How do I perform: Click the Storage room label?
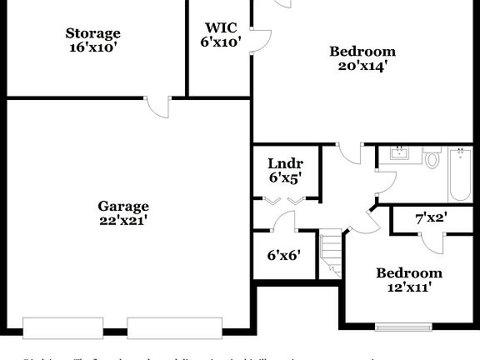point(93,33)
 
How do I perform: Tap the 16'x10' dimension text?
point(93,47)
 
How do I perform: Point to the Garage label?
point(123,206)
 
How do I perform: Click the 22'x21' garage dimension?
point(123,221)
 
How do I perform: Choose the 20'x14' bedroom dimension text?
point(362,66)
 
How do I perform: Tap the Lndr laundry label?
point(285,163)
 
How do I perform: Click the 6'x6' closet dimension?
point(284,256)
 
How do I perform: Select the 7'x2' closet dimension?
point(432,218)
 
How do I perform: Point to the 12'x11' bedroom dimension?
point(408,287)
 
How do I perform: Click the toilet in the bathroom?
point(432,157)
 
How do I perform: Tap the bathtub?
point(461,174)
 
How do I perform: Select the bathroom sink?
point(400,153)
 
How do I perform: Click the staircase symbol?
point(332,253)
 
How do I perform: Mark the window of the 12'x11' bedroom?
point(405,326)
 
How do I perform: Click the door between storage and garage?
point(157,107)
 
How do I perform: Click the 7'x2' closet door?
point(432,238)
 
